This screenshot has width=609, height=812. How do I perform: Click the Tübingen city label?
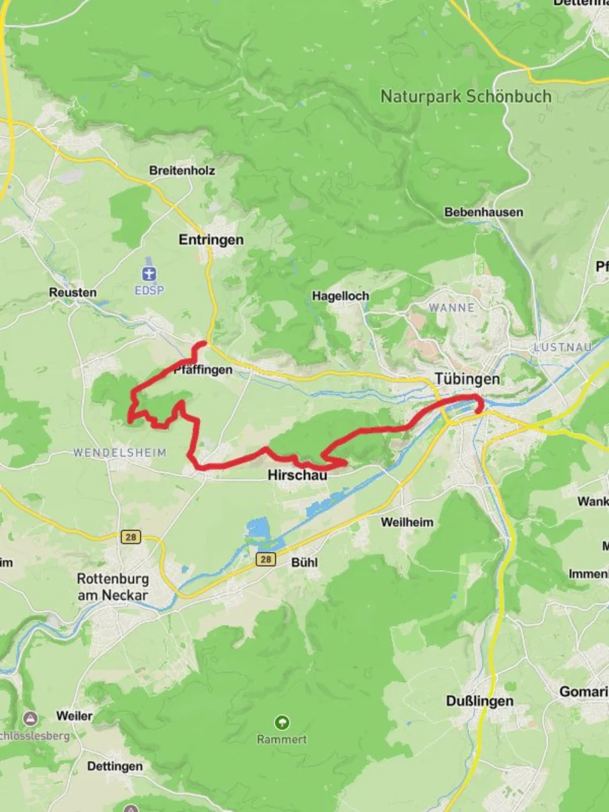click(x=466, y=380)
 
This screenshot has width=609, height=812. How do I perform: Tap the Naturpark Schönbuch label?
click(x=465, y=96)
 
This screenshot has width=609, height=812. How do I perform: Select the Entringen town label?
click(x=211, y=240)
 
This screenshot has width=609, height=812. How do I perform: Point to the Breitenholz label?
click(x=182, y=171)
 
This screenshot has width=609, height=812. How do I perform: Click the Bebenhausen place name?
click(x=483, y=212)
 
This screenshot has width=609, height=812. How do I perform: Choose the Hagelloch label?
click(x=341, y=296)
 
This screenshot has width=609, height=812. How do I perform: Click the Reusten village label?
click(x=73, y=292)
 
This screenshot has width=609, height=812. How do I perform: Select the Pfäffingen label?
click(x=202, y=370)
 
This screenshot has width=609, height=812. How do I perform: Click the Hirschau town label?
click(x=298, y=475)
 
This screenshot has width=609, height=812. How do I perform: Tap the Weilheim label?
click(x=407, y=522)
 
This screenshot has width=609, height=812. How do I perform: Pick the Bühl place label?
click(x=304, y=562)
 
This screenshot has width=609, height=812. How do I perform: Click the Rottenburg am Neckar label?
click(x=113, y=587)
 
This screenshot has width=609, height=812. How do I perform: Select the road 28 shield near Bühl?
click(x=265, y=559)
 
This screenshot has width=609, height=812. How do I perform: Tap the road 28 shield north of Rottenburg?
click(x=131, y=537)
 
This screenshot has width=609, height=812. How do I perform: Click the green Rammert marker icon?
click(x=282, y=723)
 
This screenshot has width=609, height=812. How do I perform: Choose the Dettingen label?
click(x=114, y=766)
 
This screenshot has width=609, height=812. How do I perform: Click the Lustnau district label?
click(x=557, y=347)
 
